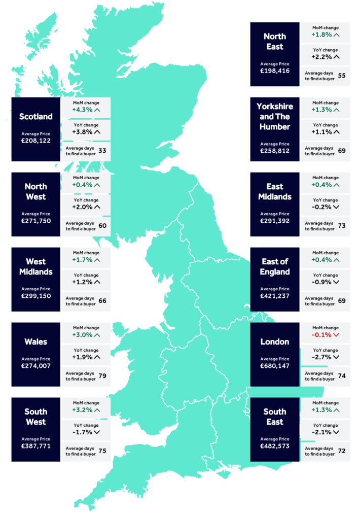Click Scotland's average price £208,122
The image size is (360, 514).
click(x=35, y=141)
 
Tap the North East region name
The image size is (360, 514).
click(x=274, y=42)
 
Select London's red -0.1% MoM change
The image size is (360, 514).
click(x=321, y=335)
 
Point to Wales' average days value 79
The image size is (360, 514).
click(x=102, y=376)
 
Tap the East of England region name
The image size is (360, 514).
click(x=274, y=267)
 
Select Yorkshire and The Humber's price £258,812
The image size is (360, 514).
click(x=274, y=151)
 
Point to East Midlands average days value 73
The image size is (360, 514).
click(x=342, y=226)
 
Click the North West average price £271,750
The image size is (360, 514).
click(x=35, y=221)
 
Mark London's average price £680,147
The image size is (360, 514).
click(x=274, y=366)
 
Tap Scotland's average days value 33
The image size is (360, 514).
click(x=102, y=151)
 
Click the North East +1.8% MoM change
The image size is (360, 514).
click(x=321, y=35)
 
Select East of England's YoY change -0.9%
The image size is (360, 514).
click(x=321, y=282)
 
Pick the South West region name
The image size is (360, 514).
click(x=35, y=417)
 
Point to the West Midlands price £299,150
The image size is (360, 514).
click(x=35, y=296)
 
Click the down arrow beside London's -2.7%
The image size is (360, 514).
click(x=336, y=357)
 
